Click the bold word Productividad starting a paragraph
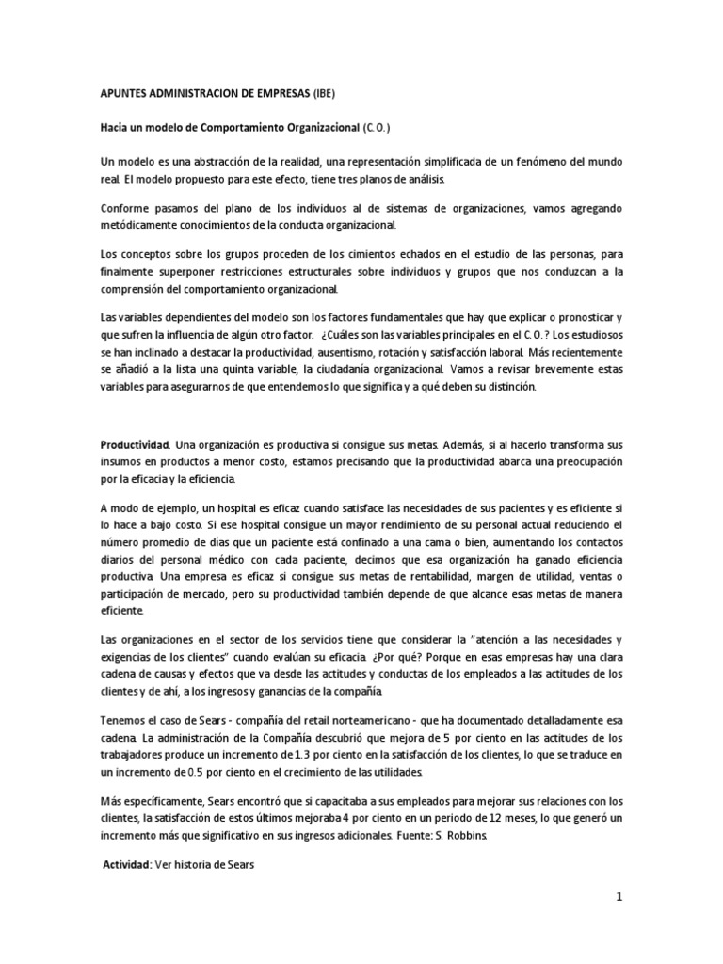136,442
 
